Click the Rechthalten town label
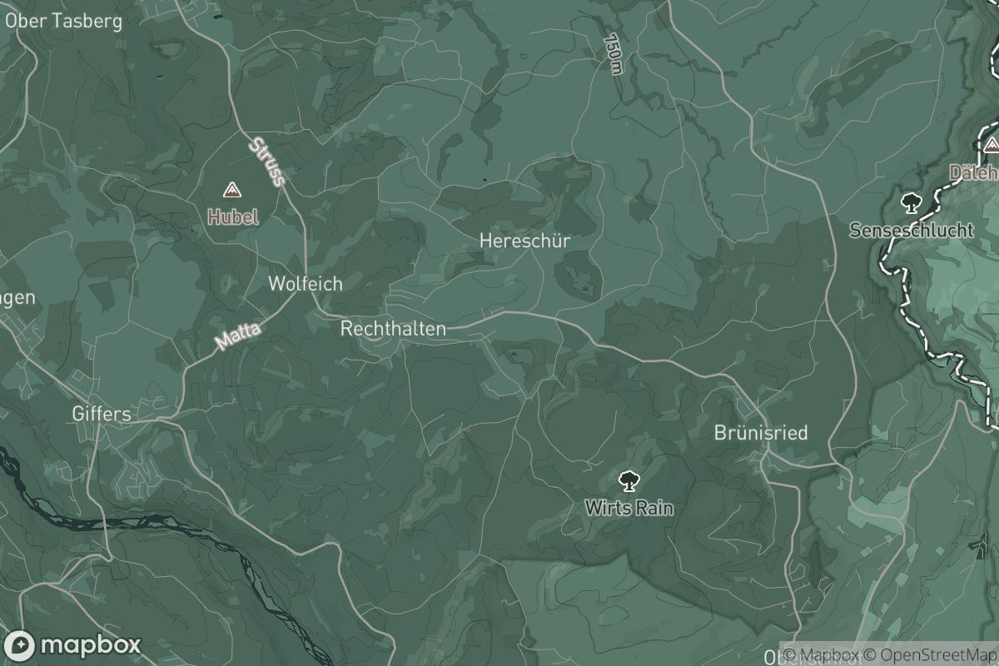click(x=393, y=329)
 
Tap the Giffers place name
click(x=101, y=413)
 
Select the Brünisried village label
click(x=760, y=433)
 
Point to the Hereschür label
click(x=524, y=241)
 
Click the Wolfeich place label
click(x=305, y=284)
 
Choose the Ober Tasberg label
click(x=63, y=21)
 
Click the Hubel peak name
click(x=232, y=217)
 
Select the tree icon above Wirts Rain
click(x=629, y=480)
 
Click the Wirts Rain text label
click(x=629, y=507)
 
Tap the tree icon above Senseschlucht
click(x=911, y=202)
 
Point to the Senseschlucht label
click(x=911, y=230)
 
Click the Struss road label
click(x=266, y=161)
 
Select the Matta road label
click(x=238, y=336)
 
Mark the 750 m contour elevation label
click(x=614, y=54)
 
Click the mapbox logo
click(x=72, y=645)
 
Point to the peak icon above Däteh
click(x=991, y=146)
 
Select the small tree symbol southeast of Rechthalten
click(x=514, y=355)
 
